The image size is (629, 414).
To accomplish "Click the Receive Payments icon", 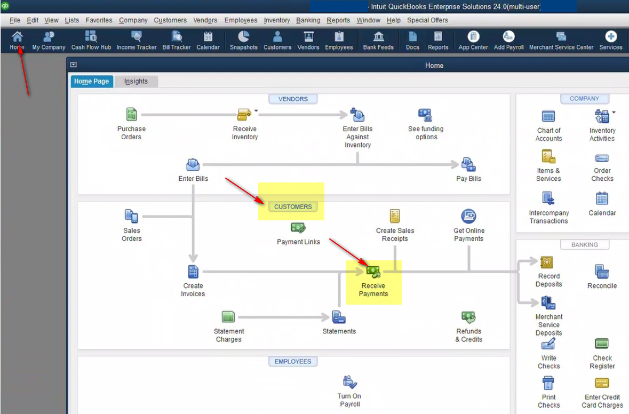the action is tap(373, 272).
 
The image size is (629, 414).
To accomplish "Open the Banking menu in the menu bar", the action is tap(308, 20).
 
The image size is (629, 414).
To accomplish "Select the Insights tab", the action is tap(136, 82).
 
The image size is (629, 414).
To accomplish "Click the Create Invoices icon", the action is tap(193, 272).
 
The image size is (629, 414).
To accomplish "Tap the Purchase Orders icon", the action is tap(132, 115).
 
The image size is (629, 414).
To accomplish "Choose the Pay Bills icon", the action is tap(468, 164).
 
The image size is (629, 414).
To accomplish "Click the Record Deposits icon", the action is tap(546, 262).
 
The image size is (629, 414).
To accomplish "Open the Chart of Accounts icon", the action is tap(548, 116).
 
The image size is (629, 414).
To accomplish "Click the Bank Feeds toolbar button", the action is tap(378, 41).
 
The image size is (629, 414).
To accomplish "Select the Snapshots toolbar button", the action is tap(243, 41).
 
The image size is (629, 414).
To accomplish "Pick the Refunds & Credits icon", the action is tap(468, 317).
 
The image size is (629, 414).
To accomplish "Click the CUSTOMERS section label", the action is tap(293, 206).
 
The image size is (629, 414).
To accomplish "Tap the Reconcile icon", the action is tap(602, 272).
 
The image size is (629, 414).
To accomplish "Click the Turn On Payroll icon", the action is tap(350, 383).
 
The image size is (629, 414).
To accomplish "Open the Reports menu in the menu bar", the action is tap(338, 20).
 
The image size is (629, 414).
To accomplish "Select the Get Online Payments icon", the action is tap(468, 216).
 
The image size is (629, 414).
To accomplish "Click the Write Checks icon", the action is tap(548, 344).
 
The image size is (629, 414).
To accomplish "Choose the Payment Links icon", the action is tap(298, 228).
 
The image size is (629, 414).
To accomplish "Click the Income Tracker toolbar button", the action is tap(137, 41).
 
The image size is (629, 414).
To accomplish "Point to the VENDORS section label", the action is tap(293, 99).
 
